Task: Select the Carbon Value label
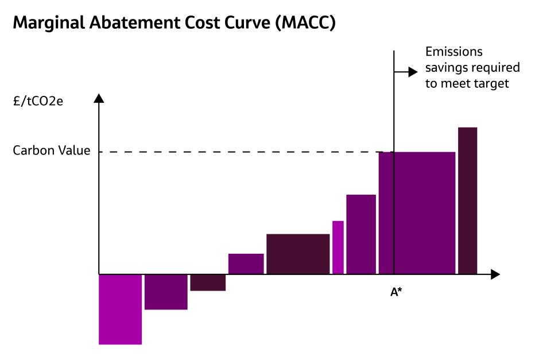(51, 152)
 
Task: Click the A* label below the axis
(396, 292)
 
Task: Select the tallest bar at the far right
(467, 200)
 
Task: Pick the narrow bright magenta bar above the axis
(338, 247)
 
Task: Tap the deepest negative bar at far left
(120, 309)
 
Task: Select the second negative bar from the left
(165, 292)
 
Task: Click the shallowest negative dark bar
(207, 282)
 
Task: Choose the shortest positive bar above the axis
(246, 264)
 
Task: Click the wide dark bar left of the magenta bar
(298, 254)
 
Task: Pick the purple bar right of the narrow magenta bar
(360, 234)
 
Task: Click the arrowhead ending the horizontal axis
(495, 274)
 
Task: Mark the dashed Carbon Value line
(230, 152)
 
